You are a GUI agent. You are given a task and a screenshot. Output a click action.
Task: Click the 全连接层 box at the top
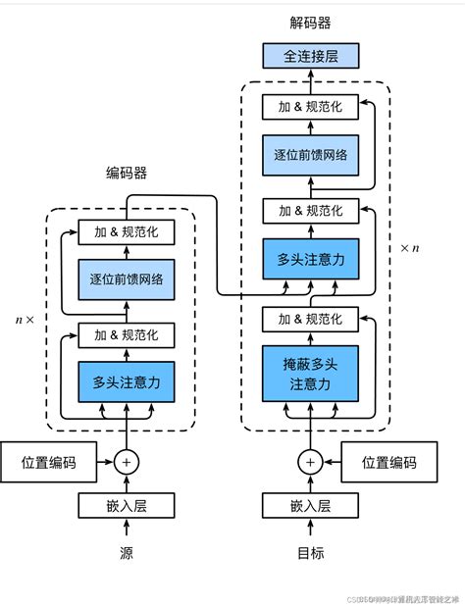click(310, 56)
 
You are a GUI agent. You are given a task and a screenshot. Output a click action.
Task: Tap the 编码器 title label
click(126, 174)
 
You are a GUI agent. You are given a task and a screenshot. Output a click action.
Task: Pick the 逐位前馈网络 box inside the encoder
click(127, 278)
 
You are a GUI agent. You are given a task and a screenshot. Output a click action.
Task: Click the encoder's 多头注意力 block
click(127, 380)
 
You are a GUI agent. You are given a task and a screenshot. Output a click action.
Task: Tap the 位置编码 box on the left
click(48, 462)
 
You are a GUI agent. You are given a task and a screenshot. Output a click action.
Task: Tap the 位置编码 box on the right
click(388, 462)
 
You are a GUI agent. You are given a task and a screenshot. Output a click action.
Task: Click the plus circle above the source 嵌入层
click(127, 462)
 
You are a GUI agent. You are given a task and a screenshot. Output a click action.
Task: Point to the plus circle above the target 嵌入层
click(310, 462)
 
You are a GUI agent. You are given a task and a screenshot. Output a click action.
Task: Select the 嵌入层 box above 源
click(127, 506)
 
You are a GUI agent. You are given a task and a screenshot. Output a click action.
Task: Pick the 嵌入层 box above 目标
click(310, 506)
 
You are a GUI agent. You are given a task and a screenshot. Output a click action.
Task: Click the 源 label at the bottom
click(127, 553)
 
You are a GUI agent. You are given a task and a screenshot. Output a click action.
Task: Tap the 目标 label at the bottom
click(310, 553)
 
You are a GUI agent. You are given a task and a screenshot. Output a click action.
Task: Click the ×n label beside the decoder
click(410, 248)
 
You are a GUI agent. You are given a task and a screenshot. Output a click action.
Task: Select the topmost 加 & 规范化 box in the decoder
click(310, 106)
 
